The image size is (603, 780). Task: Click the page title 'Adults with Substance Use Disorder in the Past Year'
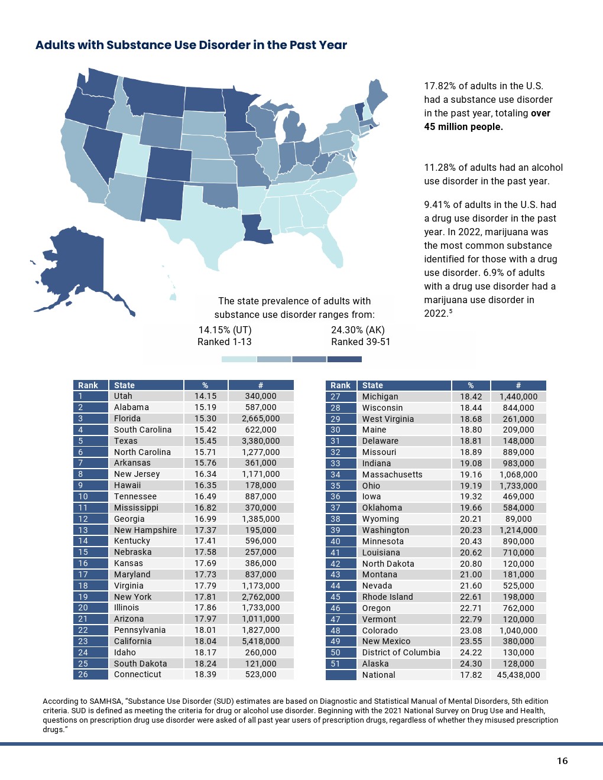pyautogui.click(x=191, y=45)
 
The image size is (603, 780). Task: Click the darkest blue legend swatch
pyautogui.click(x=344, y=359)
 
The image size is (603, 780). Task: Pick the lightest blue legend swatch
pyautogui.click(x=239, y=359)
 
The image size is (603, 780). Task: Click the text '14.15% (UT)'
pyautogui.click(x=225, y=330)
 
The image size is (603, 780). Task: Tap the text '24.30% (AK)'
pyautogui.click(x=358, y=330)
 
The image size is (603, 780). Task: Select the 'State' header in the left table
pyautogui.click(x=124, y=385)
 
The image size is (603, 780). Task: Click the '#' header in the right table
pyautogui.click(x=518, y=385)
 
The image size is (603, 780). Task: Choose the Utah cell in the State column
pyautogui.click(x=123, y=396)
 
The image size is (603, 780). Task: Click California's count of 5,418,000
pyautogui.click(x=261, y=641)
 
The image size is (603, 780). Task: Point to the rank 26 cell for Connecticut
pyautogui.click(x=83, y=674)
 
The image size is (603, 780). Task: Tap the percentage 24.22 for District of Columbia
pyautogui.click(x=471, y=652)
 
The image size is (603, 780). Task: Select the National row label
pyautogui.click(x=378, y=675)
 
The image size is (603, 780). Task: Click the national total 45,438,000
pyautogui.click(x=518, y=675)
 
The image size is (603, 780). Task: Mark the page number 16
pyautogui.click(x=562, y=760)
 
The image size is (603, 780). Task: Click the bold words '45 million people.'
pyautogui.click(x=463, y=126)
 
